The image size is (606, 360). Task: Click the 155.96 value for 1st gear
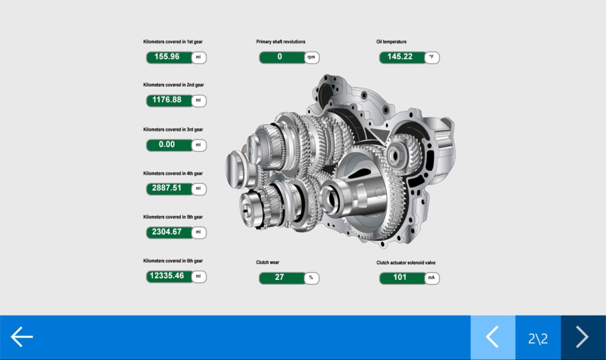[167, 57]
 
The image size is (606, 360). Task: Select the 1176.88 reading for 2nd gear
[167, 100]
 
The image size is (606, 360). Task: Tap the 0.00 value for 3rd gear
[167, 144]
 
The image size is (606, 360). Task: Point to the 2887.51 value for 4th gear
[167, 188]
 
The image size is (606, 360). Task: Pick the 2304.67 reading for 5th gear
[167, 232]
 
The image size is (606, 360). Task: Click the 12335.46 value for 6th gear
[167, 276]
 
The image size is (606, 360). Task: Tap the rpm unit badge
[312, 58]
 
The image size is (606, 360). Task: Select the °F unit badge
[431, 58]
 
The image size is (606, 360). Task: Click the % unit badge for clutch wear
[312, 278]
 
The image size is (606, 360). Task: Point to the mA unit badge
[431, 278]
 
